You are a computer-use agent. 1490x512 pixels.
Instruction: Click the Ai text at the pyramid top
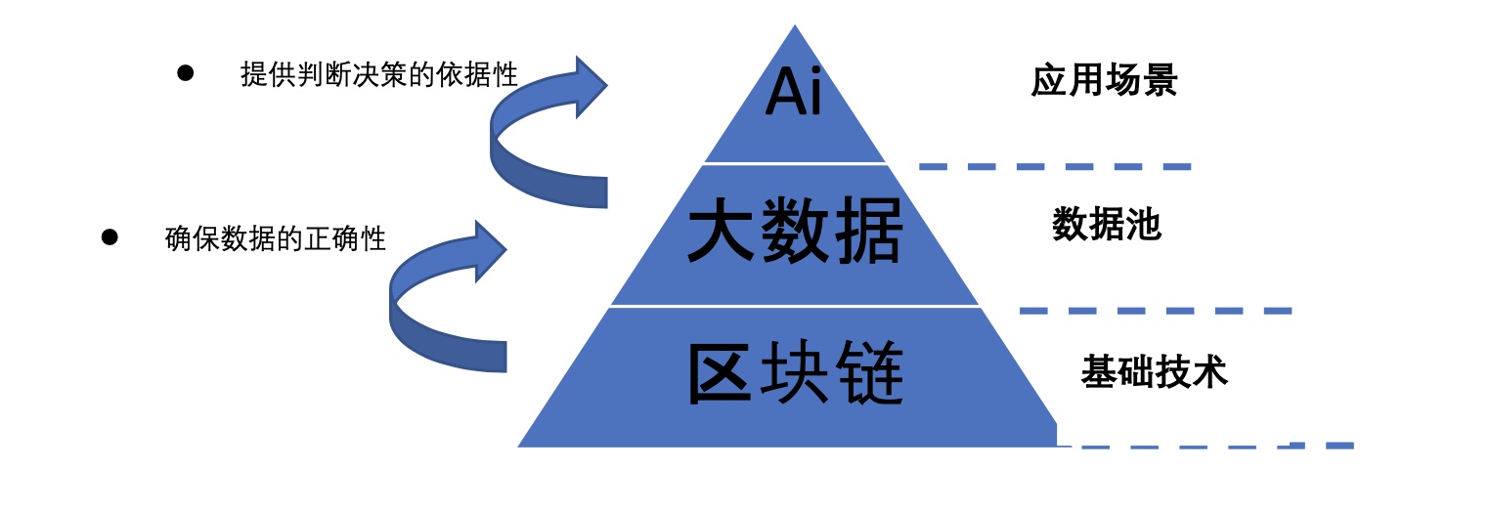(794, 92)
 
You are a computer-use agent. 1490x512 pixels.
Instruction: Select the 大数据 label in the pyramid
(794, 235)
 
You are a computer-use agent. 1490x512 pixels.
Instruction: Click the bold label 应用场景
(1104, 81)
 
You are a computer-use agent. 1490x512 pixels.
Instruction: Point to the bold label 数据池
(1106, 226)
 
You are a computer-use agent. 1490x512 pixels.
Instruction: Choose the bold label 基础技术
(1154, 372)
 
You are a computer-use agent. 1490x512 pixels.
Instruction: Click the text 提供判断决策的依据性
(378, 74)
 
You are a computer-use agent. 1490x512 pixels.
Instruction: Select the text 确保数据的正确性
(276, 238)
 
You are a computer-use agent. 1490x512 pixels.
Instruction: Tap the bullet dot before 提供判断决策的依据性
(186, 73)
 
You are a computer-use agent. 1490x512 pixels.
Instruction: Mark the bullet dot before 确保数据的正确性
(110, 237)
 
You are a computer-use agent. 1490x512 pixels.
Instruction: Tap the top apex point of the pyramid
(794, 27)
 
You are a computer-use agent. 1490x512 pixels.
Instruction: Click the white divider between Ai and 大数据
(794, 164)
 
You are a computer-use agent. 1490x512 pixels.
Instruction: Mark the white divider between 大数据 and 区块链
(794, 306)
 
